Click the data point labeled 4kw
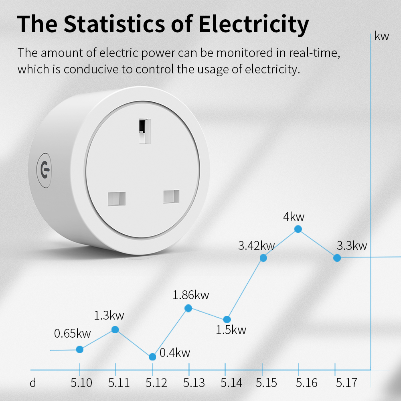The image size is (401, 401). click(298, 229)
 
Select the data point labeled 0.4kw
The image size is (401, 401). click(152, 357)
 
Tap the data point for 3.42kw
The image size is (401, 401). click(263, 258)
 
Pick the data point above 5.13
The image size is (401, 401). click(188, 308)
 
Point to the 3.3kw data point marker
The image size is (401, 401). click(337, 258)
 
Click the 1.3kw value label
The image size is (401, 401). click(109, 315)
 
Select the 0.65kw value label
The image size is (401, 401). click(73, 333)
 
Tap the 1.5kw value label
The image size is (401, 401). click(231, 330)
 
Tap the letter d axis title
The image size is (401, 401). click(33, 383)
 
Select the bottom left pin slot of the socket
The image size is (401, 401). click(117, 198)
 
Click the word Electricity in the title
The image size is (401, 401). click(254, 24)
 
